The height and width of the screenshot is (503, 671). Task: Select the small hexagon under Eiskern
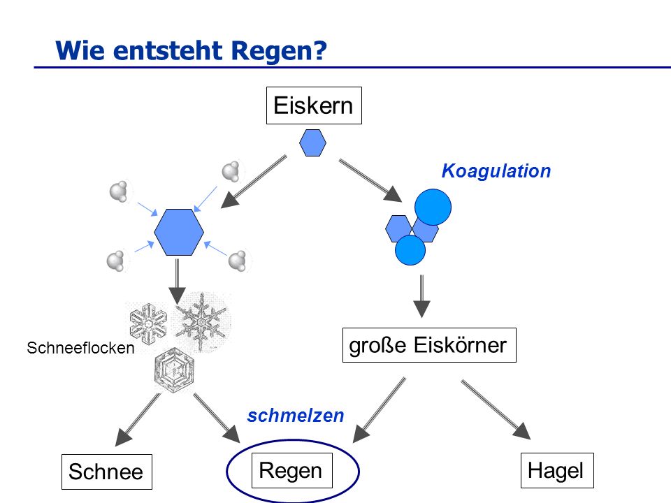pyautogui.click(x=313, y=143)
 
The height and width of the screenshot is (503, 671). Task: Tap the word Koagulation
pyautogui.click(x=496, y=171)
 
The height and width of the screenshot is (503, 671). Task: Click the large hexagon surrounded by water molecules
pyautogui.click(x=179, y=232)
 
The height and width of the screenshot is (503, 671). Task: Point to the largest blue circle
pyautogui.click(x=433, y=207)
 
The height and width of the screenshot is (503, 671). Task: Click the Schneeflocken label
pyautogui.click(x=80, y=348)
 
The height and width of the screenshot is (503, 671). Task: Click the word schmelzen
pyautogui.click(x=296, y=416)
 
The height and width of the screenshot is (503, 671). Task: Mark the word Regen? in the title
pyautogui.click(x=279, y=51)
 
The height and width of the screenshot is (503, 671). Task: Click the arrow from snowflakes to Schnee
pyautogui.click(x=138, y=420)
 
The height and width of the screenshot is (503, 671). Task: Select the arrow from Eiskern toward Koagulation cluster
pyautogui.click(x=370, y=180)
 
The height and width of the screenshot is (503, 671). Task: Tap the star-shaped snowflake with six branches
pyautogui.click(x=201, y=321)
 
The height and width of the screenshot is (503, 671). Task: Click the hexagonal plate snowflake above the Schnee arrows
pyautogui.click(x=174, y=370)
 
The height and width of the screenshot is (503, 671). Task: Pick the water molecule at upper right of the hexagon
pyautogui.click(x=231, y=172)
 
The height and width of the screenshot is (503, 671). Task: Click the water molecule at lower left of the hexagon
pyautogui.click(x=115, y=261)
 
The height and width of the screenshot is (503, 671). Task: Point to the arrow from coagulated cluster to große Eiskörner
pyautogui.click(x=421, y=296)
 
